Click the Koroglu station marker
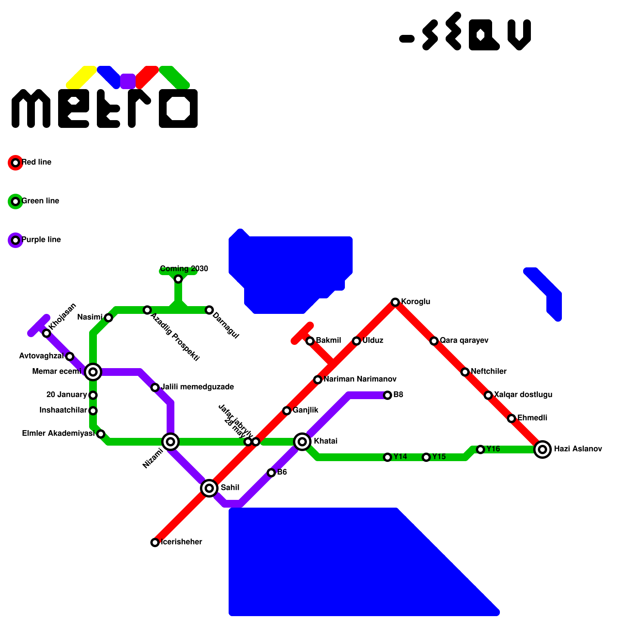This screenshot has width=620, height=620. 395,302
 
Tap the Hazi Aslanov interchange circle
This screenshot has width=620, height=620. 542,449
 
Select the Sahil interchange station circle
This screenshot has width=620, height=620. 209,488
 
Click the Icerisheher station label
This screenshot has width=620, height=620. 181,542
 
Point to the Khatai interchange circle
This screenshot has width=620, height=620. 302,442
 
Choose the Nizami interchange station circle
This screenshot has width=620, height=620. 170,442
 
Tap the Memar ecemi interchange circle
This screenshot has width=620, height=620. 93,372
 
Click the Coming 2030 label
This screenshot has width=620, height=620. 184,269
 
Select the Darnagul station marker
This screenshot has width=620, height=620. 209,310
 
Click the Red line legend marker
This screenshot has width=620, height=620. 15,163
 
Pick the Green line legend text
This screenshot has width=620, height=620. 40,201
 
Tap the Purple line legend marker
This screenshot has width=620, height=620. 15,240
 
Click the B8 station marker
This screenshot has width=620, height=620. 387,395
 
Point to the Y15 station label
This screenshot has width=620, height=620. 439,456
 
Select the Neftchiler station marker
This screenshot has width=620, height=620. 465,372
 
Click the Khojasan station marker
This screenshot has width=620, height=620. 46,333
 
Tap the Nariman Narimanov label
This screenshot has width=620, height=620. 360,379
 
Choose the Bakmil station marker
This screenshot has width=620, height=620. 310,341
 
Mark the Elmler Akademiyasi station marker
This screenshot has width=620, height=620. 101,434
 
